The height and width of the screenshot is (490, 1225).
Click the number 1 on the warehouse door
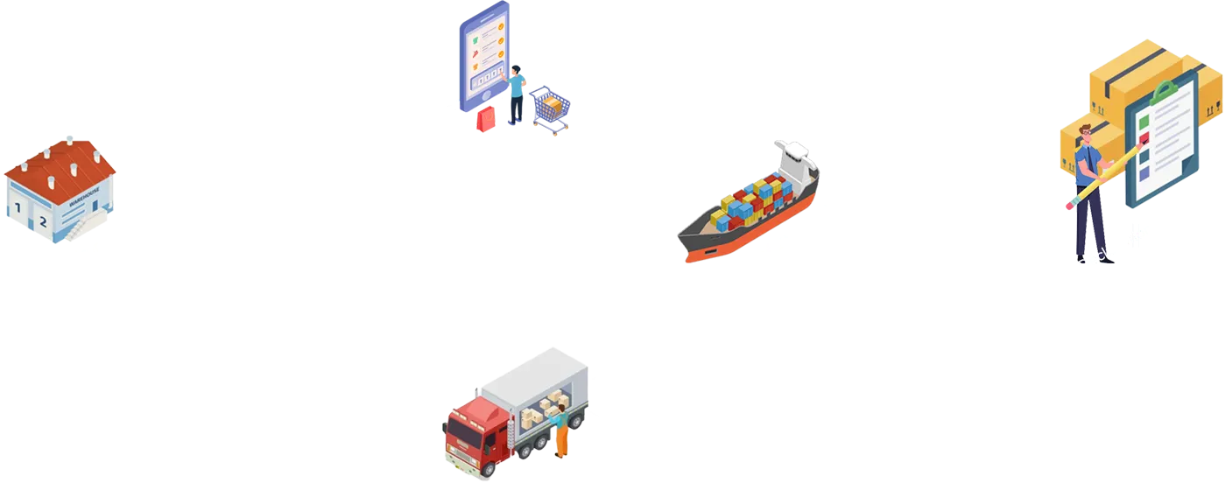(18, 208)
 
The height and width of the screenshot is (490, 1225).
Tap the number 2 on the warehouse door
(42, 221)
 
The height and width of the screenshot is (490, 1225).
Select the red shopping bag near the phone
(485, 119)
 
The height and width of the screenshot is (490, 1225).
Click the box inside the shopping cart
(552, 106)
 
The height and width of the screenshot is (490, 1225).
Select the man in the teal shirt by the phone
(517, 93)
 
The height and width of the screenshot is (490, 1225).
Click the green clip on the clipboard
(1165, 90)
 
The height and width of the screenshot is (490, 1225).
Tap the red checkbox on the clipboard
(1143, 138)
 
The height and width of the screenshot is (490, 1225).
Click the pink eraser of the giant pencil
(1071, 206)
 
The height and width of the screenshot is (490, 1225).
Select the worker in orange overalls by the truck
(559, 433)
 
